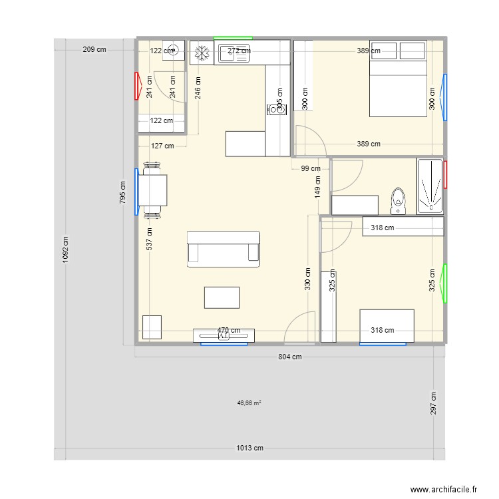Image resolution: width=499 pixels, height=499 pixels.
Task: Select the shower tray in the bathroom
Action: pyautogui.click(x=430, y=186)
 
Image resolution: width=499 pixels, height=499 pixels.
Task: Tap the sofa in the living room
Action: pyautogui.click(x=224, y=249)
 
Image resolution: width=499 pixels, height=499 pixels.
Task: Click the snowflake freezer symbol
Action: pyautogui.click(x=201, y=53)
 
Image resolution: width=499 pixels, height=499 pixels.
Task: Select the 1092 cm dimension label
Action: pyautogui.click(x=66, y=251)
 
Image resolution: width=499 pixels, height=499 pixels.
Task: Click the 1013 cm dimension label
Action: pyautogui.click(x=249, y=448)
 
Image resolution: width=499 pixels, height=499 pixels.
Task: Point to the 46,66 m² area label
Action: pyautogui.click(x=249, y=403)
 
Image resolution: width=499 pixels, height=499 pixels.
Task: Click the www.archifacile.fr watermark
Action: pyautogui.click(x=444, y=489)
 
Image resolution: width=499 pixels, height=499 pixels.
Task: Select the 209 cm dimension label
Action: pyautogui.click(x=94, y=49)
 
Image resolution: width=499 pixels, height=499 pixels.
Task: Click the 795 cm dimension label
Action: pyautogui.click(x=122, y=193)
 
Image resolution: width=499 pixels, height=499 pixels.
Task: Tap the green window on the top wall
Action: pyautogui.click(x=233, y=37)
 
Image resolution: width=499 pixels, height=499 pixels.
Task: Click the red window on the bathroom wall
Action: pyautogui.click(x=445, y=174)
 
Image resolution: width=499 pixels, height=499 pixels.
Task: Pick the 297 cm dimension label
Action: pyautogui.click(x=433, y=404)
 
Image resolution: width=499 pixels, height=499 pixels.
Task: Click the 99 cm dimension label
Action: pyautogui.click(x=311, y=169)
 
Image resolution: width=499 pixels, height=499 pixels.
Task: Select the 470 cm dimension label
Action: pyautogui.click(x=229, y=330)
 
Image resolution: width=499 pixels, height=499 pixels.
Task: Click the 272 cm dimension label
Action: pyautogui.click(x=239, y=51)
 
